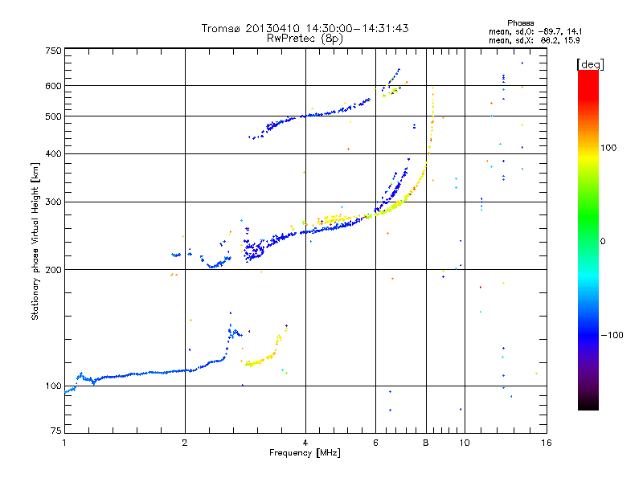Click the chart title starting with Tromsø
[305, 28]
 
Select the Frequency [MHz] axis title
[305, 453]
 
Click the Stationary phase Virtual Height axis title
[35, 241]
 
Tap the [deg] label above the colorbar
[589, 63]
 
